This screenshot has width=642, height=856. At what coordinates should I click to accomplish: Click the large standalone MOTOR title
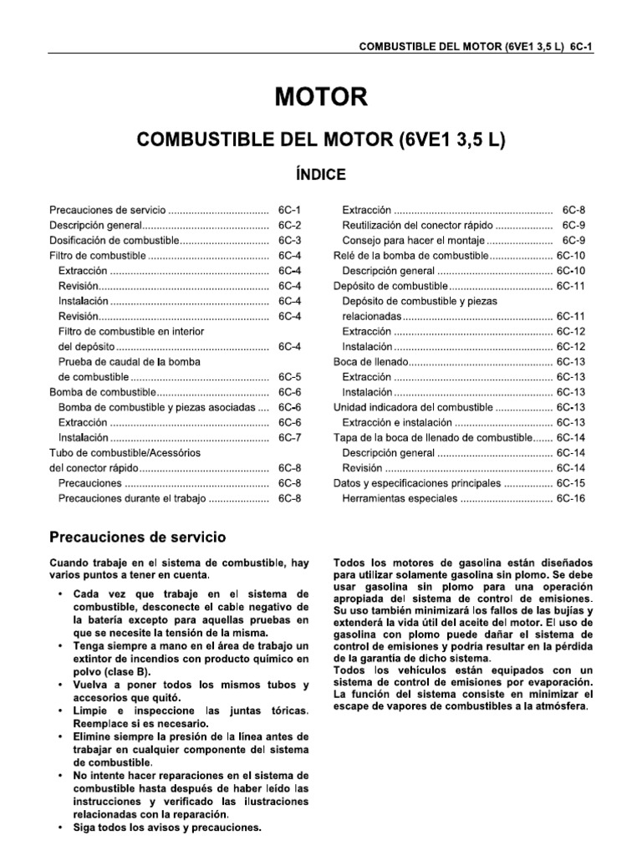(321, 98)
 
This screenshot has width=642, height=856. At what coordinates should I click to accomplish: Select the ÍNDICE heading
(321, 174)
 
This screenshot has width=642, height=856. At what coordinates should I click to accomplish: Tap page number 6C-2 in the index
(289, 226)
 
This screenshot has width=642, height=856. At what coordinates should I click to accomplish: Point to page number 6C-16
(571, 498)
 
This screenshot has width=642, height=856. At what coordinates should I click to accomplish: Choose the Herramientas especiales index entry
(400, 498)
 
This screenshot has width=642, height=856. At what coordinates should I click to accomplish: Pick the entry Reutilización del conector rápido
(418, 226)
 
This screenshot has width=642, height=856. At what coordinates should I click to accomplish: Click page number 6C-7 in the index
(289, 437)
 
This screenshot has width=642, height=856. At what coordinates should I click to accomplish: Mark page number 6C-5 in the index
(289, 377)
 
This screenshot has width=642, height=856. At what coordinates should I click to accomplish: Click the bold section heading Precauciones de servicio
(137, 537)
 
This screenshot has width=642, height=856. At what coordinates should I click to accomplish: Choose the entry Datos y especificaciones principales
(416, 483)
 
